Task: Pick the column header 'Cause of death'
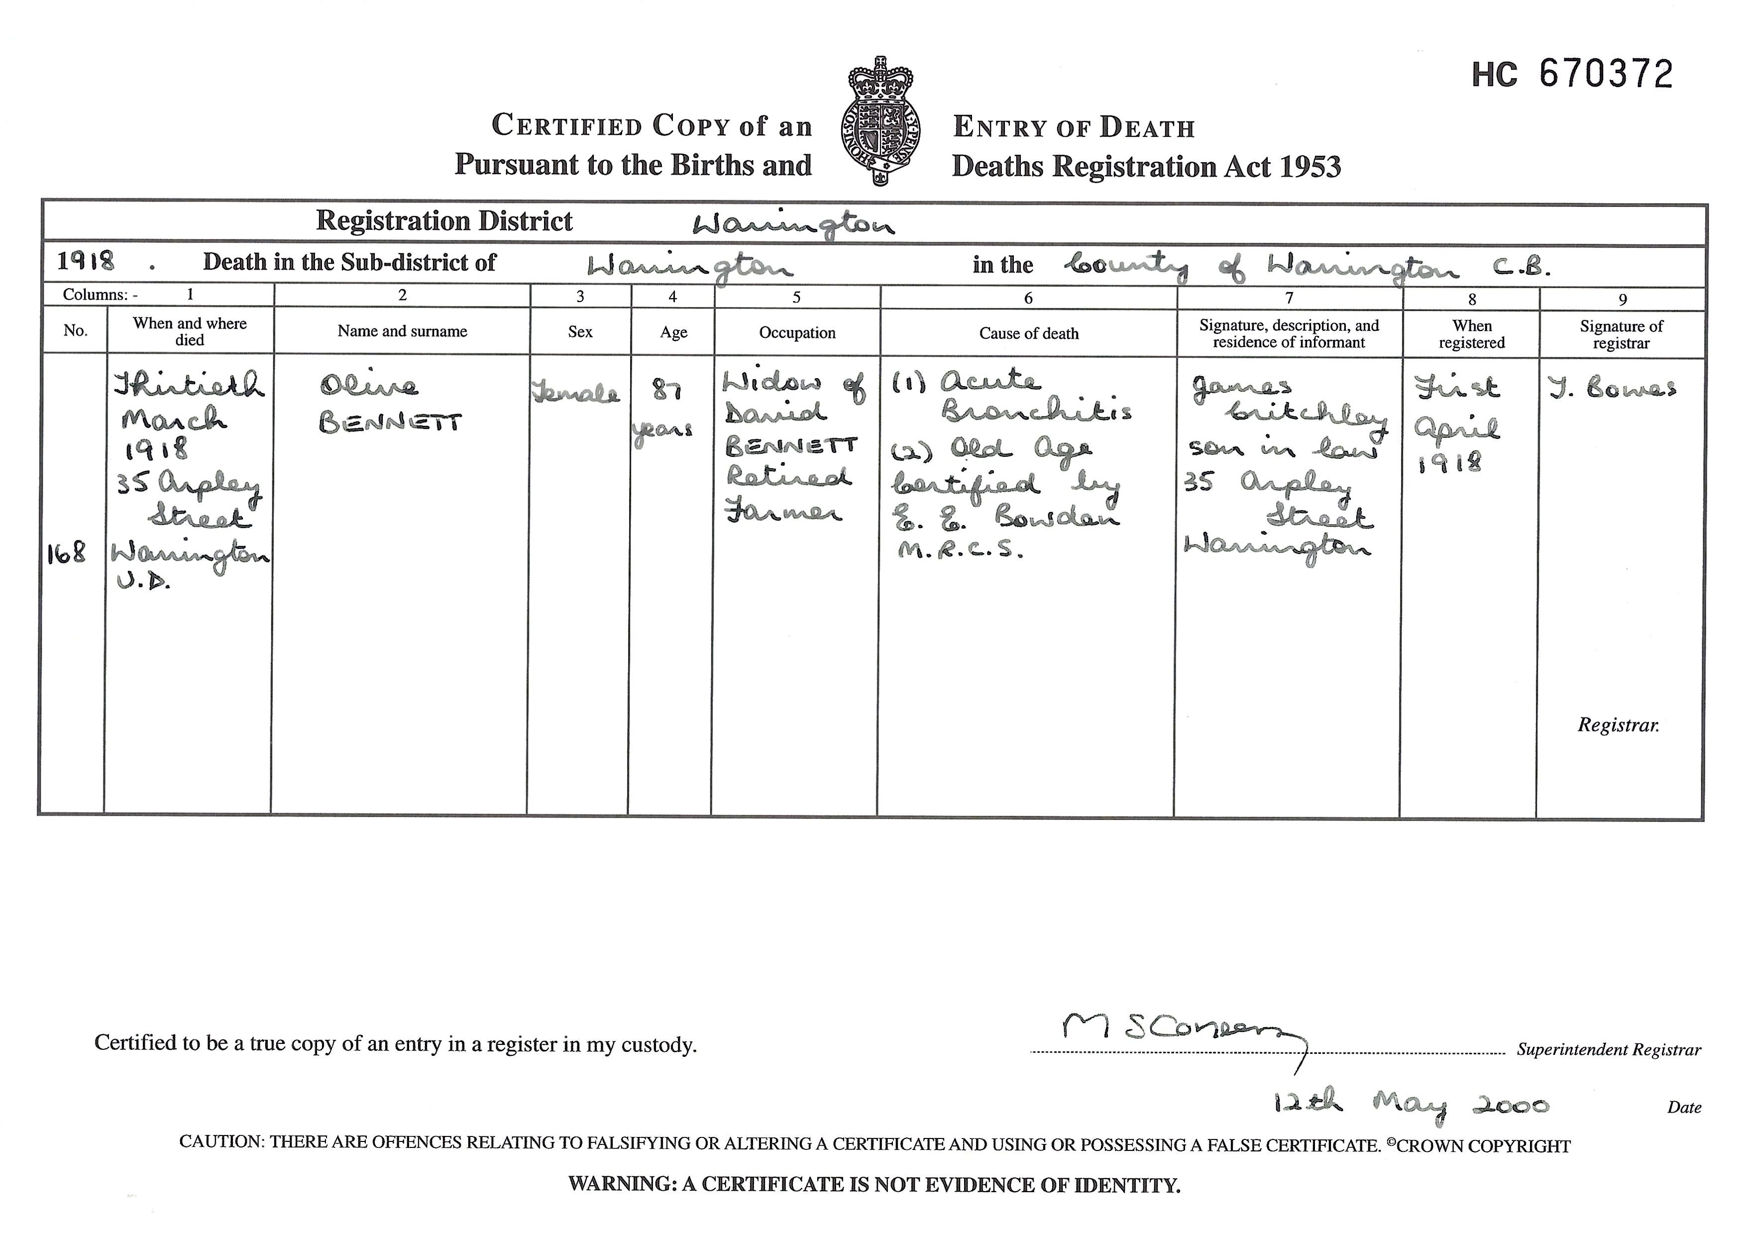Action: click(x=1028, y=333)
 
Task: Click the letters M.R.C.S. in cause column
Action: click(x=961, y=551)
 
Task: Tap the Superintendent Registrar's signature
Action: click(x=1178, y=1029)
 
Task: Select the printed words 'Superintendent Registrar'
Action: click(x=1609, y=1049)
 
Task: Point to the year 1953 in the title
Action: click(x=1310, y=166)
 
